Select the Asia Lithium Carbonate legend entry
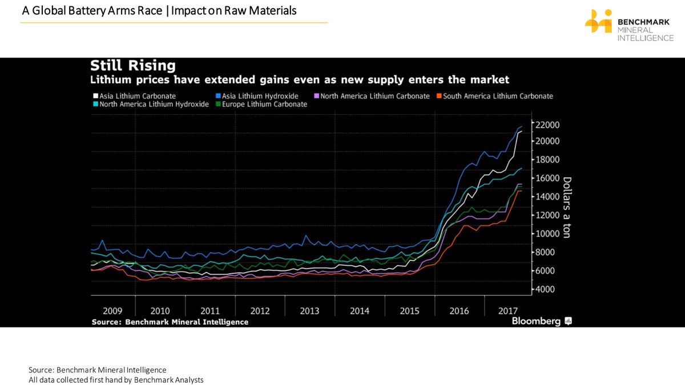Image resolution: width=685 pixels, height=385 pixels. pos(134,96)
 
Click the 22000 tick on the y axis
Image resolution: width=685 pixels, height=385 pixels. pos(547,125)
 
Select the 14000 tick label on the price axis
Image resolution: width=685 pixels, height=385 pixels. pos(547,197)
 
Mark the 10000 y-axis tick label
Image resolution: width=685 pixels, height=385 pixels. pos(547,234)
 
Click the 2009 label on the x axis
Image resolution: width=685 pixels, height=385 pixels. pos(112,311)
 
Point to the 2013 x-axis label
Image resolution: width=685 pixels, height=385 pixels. pos(309,311)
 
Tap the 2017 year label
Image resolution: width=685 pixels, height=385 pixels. pos(508,311)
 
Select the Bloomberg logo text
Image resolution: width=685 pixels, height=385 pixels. pos(536,321)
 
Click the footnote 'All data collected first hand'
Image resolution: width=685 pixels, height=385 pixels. pos(116,380)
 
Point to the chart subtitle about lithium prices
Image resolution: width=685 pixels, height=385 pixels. pos(300,79)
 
